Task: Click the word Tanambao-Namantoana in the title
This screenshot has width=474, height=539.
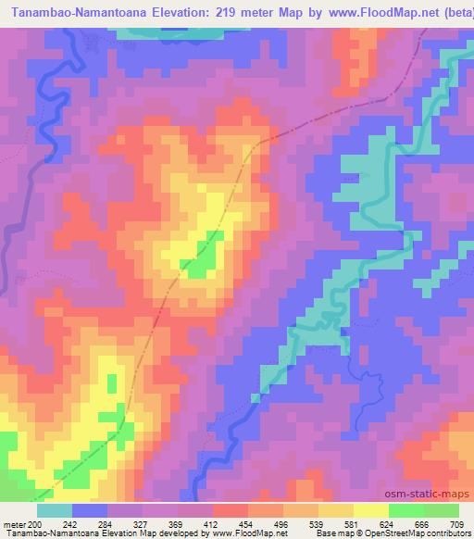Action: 80,12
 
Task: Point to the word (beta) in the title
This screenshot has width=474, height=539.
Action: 453,12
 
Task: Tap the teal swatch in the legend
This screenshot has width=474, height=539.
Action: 55,509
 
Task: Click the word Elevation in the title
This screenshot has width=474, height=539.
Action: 180,12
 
